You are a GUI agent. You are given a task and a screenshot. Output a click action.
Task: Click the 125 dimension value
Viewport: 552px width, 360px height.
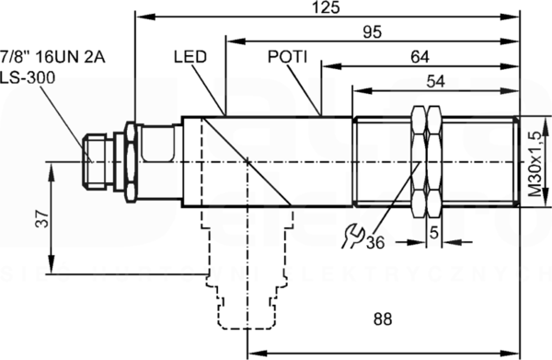pyautogui.click(x=327, y=7)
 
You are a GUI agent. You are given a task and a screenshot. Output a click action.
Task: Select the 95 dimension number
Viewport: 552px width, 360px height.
pyautogui.click(x=372, y=32)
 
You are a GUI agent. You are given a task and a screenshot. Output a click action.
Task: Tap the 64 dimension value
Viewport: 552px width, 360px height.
pyautogui.click(x=420, y=57)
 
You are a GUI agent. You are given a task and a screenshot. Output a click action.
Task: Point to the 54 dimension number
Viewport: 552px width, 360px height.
pyautogui.click(x=435, y=81)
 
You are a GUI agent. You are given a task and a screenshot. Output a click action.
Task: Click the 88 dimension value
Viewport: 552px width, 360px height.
pyautogui.click(x=383, y=319)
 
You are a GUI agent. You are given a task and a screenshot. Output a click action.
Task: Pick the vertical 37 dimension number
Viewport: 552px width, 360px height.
pyautogui.click(x=42, y=219)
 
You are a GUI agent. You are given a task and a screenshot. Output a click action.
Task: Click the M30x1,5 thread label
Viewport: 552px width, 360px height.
pyautogui.click(x=536, y=164)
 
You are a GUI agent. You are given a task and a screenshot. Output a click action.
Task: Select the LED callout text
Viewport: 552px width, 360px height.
pyautogui.click(x=190, y=57)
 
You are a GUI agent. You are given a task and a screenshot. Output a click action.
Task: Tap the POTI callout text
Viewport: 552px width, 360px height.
pyautogui.click(x=287, y=57)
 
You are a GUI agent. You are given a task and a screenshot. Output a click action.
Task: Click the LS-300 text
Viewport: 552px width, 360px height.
pyautogui.click(x=28, y=77)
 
